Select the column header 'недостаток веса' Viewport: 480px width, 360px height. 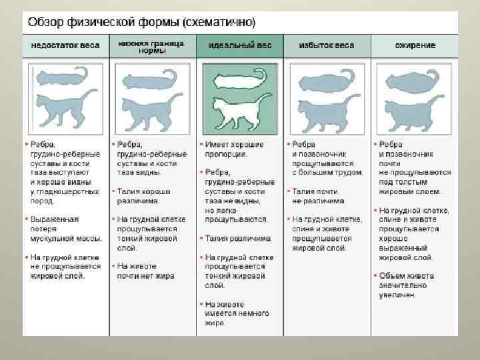[x=65, y=46]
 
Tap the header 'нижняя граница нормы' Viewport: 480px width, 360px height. [x=153, y=47]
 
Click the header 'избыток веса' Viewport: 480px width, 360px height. [x=327, y=46]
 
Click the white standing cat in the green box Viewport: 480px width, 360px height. [x=240, y=111]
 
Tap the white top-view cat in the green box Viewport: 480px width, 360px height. [x=238, y=81]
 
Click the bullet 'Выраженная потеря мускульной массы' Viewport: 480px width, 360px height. [x=65, y=228]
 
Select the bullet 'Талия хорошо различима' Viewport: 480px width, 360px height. [x=143, y=195]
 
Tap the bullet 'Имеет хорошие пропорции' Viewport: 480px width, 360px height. [x=233, y=149]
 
